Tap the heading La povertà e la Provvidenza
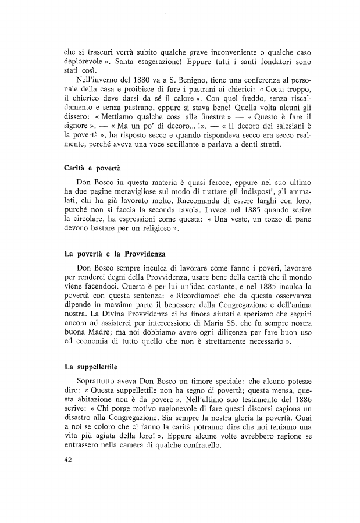[115, 254]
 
